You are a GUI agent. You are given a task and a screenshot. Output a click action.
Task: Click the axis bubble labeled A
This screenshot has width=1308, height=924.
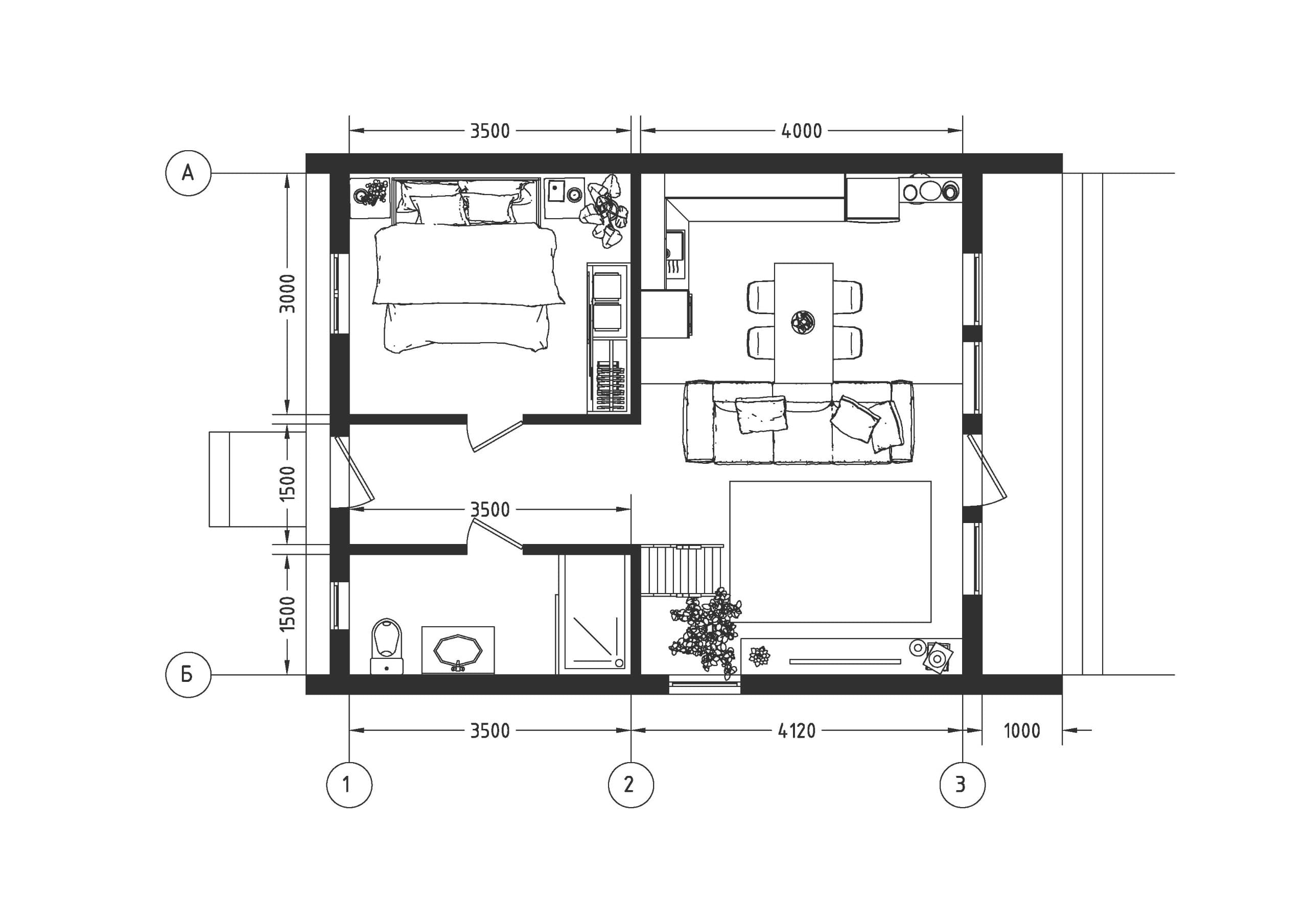188,173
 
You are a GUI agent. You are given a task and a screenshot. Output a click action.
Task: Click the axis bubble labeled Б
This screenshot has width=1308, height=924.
188,675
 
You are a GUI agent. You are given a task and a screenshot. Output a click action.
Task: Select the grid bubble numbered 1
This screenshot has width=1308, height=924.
349,785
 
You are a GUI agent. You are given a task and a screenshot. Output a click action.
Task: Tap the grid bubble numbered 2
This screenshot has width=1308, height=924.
631,785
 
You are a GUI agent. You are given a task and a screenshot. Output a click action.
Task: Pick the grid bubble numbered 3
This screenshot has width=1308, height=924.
962,785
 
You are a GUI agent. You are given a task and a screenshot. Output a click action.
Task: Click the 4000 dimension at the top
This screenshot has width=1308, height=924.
802,131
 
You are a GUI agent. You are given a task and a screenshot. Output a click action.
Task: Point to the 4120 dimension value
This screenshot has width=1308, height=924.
797,731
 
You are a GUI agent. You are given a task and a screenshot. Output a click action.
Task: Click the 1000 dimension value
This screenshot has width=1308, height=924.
1022,731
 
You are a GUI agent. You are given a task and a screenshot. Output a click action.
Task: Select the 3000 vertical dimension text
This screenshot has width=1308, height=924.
288,293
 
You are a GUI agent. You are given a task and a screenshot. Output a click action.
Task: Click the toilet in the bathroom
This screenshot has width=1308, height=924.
387,646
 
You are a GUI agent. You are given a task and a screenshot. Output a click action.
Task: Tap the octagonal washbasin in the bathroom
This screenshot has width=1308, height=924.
458,650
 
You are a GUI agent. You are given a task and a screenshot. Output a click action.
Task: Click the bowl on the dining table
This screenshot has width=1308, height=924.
803,322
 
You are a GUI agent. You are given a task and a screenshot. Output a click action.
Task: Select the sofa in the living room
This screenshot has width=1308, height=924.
799,422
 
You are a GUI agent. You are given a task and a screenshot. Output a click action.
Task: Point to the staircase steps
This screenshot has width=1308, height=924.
683,570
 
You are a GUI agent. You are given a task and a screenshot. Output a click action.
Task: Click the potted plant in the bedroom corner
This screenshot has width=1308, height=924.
605,211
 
